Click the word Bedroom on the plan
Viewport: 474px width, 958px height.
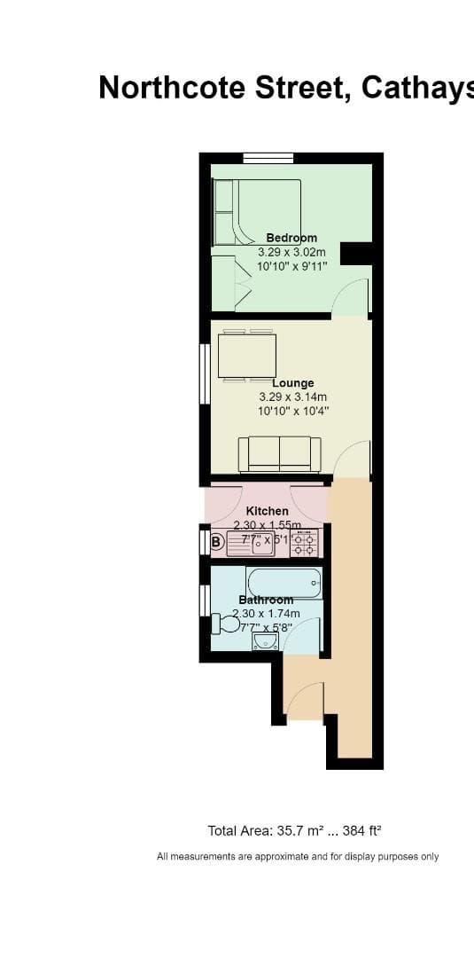click(x=291, y=238)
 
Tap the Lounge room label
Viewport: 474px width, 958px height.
click(x=292, y=383)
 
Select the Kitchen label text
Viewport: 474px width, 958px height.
click(x=267, y=511)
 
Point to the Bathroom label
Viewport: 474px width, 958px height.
click(x=266, y=600)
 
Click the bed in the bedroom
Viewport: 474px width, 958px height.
click(x=257, y=213)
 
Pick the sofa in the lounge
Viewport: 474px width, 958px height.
click(x=279, y=454)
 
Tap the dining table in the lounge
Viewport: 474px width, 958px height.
click(x=247, y=356)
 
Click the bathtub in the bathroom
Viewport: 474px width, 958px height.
click(x=284, y=583)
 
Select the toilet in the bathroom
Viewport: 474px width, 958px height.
click(x=226, y=624)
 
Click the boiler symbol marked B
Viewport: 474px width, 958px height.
click(x=217, y=542)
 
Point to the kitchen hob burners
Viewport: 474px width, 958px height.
click(x=304, y=544)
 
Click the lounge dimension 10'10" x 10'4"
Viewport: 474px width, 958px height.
click(x=292, y=412)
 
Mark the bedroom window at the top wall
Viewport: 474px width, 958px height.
click(x=268, y=159)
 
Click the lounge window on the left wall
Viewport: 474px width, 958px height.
click(x=205, y=374)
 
